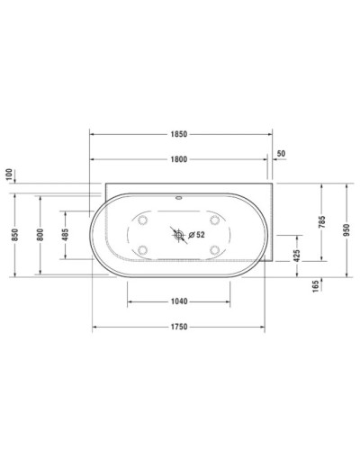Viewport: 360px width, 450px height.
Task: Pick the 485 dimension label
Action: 65,236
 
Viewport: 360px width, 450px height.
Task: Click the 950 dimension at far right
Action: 346,229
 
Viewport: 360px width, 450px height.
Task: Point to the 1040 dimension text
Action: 178,301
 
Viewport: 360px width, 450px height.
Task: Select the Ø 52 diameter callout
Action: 197,236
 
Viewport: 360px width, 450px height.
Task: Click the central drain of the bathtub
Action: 178,236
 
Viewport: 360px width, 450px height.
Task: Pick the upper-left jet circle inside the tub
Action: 143,220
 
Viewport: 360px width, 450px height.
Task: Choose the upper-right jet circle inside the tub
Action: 214,220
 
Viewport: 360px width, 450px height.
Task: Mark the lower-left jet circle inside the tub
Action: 143,251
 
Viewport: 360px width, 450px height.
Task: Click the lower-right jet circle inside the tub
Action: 214,251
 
